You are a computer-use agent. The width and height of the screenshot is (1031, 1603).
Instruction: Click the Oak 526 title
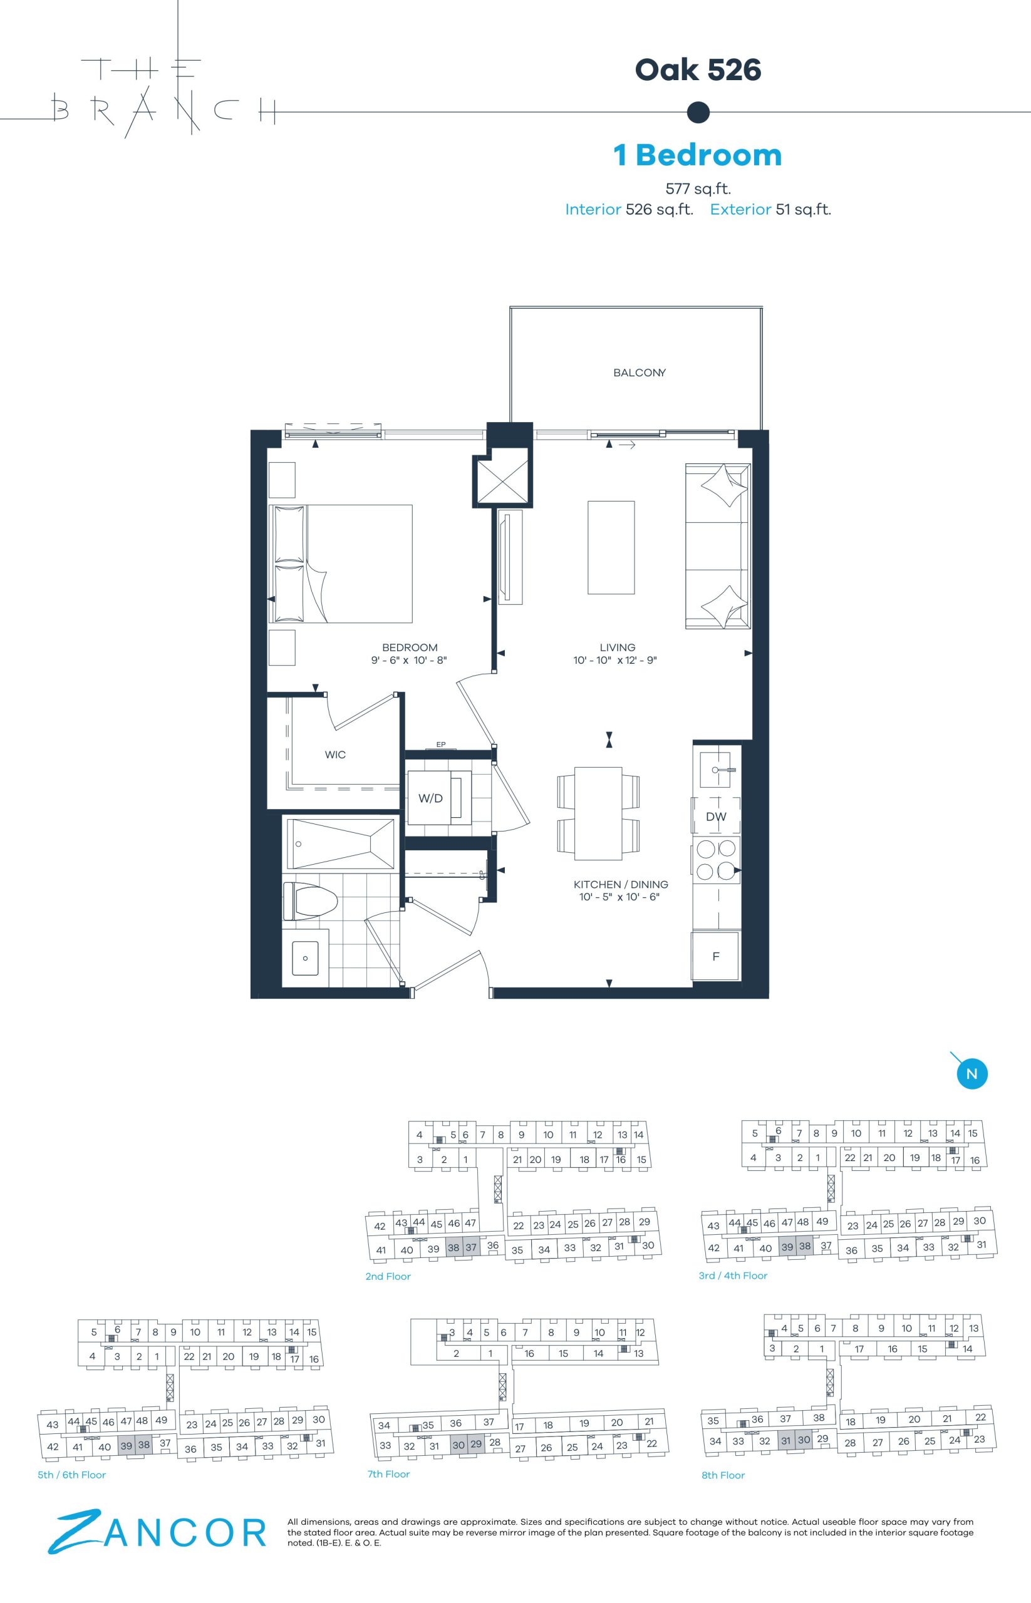tap(698, 70)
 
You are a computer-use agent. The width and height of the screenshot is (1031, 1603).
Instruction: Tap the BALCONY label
tap(640, 373)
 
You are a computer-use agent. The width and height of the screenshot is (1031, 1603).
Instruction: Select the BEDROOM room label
tap(410, 647)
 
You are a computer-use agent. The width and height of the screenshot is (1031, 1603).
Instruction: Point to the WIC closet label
tap(335, 755)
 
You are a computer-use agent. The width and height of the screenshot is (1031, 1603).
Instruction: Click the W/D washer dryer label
tap(430, 798)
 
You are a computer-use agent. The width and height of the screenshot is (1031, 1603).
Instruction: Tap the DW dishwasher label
tap(716, 817)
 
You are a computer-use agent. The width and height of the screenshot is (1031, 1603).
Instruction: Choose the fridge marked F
tap(716, 956)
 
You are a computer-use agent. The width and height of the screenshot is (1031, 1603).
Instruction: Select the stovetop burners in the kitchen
tap(716, 860)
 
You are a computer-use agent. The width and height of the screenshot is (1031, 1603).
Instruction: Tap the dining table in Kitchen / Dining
tap(597, 813)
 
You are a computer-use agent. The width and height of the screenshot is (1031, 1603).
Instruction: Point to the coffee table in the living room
tap(611, 547)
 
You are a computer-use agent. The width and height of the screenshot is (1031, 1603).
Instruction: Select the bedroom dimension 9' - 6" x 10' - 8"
tap(409, 661)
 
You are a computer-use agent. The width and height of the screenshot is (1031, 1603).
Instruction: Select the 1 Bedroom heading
tap(698, 155)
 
